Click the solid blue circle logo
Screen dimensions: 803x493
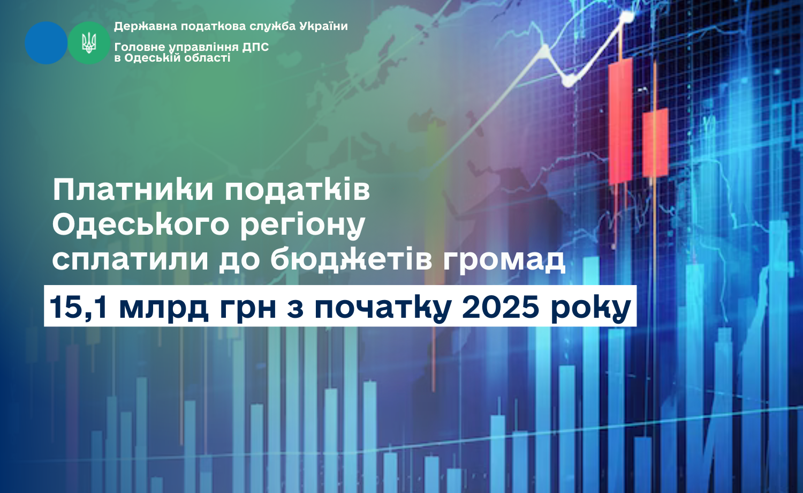[x=46, y=43]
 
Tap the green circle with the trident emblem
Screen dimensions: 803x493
[x=89, y=43]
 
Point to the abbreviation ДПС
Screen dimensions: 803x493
[x=255, y=47]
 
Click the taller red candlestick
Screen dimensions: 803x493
[x=620, y=121]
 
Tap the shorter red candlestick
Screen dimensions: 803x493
[x=655, y=143]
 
